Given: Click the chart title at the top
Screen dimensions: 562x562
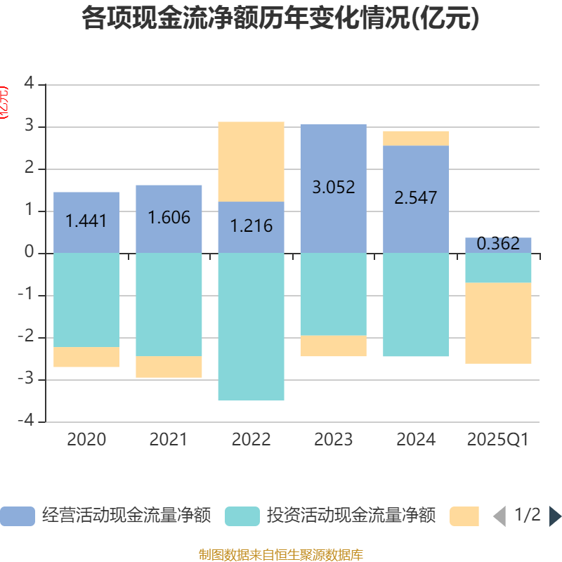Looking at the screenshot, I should [281, 19].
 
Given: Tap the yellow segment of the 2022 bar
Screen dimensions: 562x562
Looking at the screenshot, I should [251, 162].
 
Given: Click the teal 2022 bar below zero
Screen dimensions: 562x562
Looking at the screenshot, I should [251, 327].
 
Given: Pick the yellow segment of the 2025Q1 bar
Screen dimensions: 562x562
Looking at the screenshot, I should [498, 323].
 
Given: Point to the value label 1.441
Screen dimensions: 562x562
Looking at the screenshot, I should [86, 221].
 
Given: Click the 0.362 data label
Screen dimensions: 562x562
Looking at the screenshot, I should [498, 244].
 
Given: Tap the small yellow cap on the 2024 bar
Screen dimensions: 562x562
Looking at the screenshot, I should [416, 138].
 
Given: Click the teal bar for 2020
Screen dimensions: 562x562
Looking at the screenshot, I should [86, 300].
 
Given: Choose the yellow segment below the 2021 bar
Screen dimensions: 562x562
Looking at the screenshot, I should [169, 367].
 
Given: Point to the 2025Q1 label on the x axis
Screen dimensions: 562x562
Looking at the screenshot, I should [498, 440].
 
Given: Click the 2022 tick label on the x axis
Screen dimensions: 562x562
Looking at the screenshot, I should [251, 440].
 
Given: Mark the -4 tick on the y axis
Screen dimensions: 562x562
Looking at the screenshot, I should [29, 421].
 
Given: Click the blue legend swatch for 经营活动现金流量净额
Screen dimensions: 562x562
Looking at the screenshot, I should [18, 516].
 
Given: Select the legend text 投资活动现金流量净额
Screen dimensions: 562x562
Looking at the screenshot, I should [351, 516].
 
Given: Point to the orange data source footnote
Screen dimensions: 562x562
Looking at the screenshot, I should [281, 555].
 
